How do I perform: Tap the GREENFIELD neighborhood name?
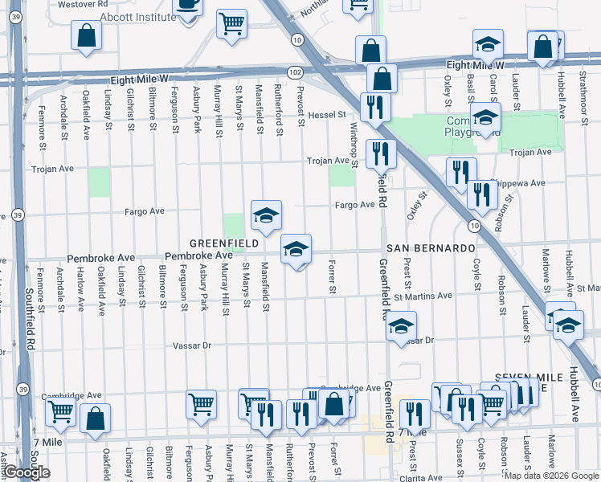point(223,243)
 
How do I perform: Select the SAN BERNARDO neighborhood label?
point(431,248)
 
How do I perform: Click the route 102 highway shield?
point(295,71)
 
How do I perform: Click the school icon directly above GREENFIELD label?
point(267,214)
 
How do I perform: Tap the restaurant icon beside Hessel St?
point(374,107)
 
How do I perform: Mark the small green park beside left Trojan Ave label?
point(99,182)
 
